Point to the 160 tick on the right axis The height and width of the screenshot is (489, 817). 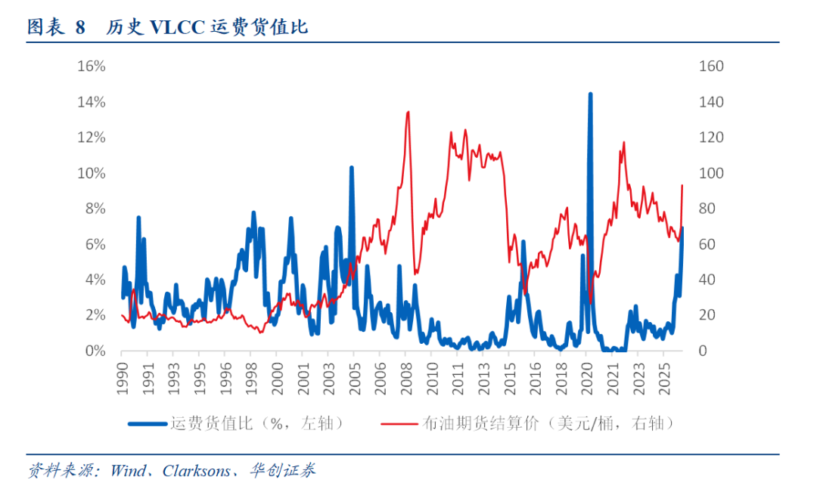click(x=711, y=67)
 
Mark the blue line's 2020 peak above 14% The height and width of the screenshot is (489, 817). click(x=590, y=94)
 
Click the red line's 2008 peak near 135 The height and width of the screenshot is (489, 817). click(x=408, y=113)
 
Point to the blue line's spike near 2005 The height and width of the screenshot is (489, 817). click(x=351, y=168)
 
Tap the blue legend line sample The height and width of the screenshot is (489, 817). click(x=147, y=423)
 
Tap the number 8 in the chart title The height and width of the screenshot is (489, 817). click(x=80, y=28)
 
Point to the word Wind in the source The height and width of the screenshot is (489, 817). click(x=128, y=471)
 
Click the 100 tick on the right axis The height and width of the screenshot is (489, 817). click(x=711, y=173)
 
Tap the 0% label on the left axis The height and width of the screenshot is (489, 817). click(x=95, y=351)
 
